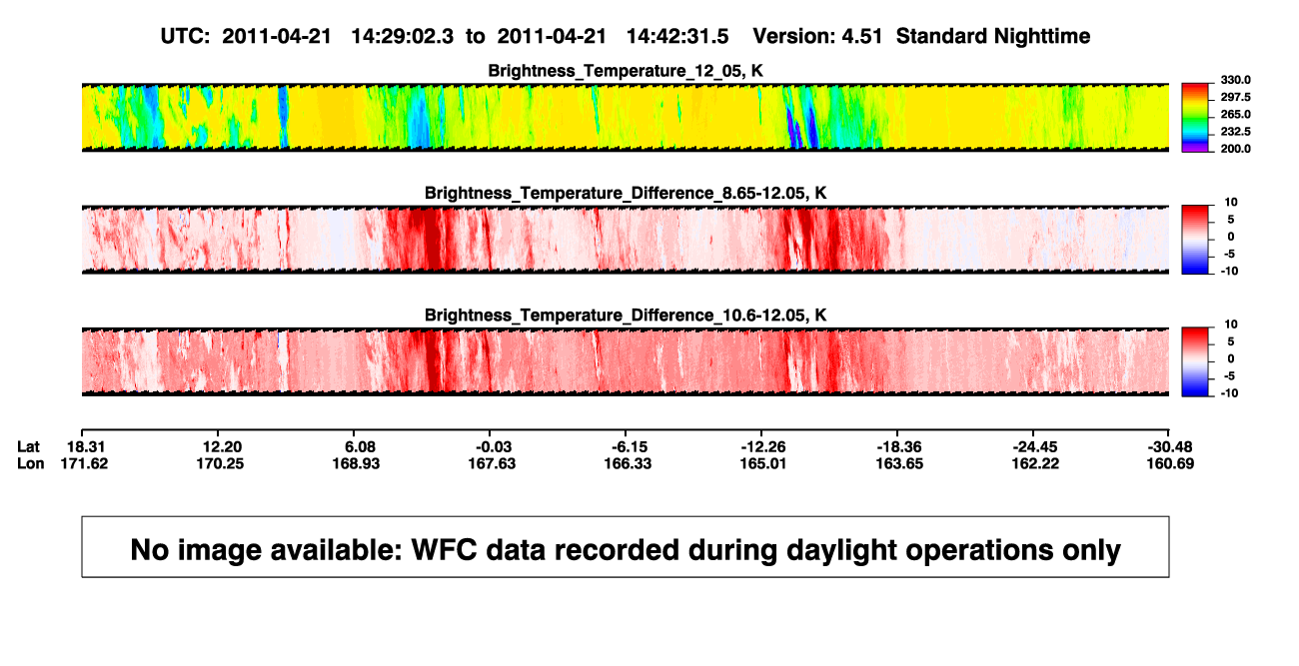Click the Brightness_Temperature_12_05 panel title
pyautogui.click(x=626, y=71)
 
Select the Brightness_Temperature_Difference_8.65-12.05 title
pyautogui.click(x=626, y=193)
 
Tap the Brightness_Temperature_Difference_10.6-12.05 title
pyautogui.click(x=626, y=316)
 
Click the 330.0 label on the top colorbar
pyautogui.click(x=1235, y=80)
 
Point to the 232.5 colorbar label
pyautogui.click(x=1235, y=132)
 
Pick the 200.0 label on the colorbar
pyautogui.click(x=1235, y=149)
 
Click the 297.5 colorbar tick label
pyautogui.click(x=1235, y=98)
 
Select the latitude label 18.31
pyautogui.click(x=86, y=447)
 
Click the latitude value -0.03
pyautogui.click(x=494, y=447)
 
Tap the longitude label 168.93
pyautogui.click(x=356, y=463)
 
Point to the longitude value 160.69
pyautogui.click(x=1170, y=463)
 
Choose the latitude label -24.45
pyautogui.click(x=1035, y=447)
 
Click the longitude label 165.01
pyautogui.click(x=763, y=463)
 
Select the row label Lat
pyautogui.click(x=28, y=447)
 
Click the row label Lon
pyautogui.click(x=31, y=463)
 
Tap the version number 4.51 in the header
pyautogui.click(x=862, y=37)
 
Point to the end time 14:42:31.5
pyautogui.click(x=677, y=37)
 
